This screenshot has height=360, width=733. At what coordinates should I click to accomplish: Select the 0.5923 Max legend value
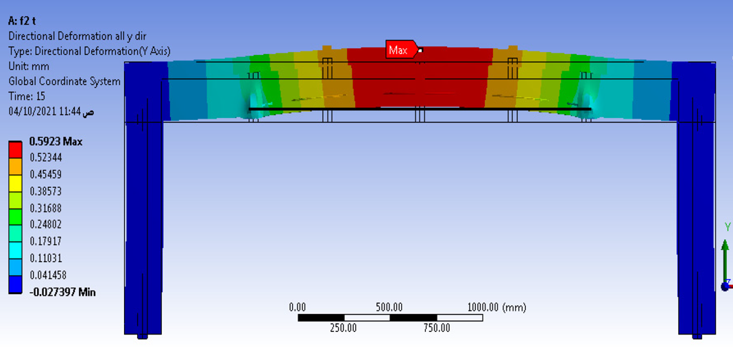point(56,142)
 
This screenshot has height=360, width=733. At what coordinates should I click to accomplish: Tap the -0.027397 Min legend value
point(62,293)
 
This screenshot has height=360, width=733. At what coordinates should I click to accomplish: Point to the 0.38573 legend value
point(46,191)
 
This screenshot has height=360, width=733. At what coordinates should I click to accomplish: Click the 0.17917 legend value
point(46,241)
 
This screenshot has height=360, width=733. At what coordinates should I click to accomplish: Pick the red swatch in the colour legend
point(15,149)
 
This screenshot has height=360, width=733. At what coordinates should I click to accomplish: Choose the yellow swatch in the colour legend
point(15,183)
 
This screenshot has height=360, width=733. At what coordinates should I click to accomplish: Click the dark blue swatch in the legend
point(15,285)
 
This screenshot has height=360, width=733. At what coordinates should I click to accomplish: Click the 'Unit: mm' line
point(29,66)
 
